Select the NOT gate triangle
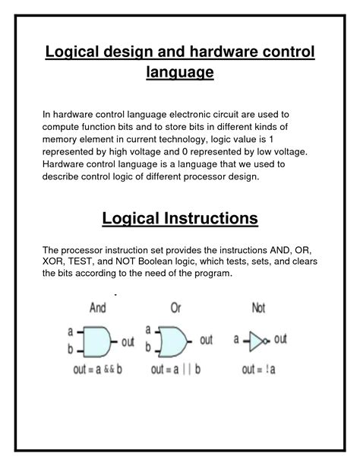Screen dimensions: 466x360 (x=257, y=340)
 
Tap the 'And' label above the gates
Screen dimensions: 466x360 (x=98, y=309)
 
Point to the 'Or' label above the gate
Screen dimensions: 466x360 (x=175, y=309)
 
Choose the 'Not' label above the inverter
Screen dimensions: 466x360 (x=260, y=309)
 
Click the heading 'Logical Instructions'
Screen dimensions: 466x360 (x=179, y=220)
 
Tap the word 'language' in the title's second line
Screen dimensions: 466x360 (x=179, y=72)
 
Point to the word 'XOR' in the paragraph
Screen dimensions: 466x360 (x=55, y=262)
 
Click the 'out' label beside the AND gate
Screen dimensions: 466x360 (x=128, y=343)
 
